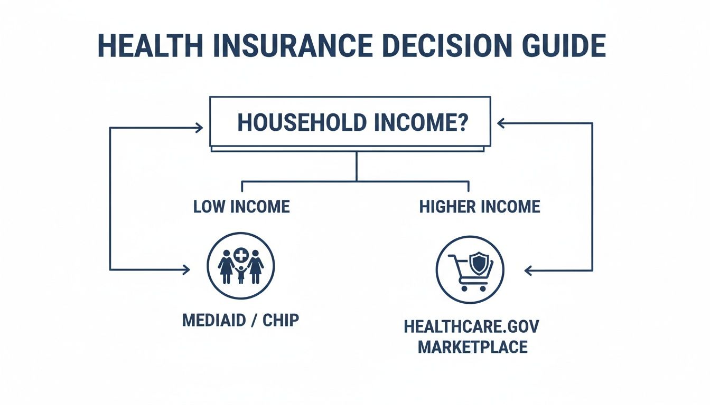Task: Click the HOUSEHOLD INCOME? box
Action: [350, 122]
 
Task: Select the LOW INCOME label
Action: [241, 206]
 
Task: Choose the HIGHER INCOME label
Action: [480, 206]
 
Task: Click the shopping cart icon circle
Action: [470, 269]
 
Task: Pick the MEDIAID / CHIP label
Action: [240, 320]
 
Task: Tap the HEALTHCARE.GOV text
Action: [472, 326]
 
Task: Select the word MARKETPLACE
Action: [472, 347]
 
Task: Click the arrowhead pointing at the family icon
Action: [186, 270]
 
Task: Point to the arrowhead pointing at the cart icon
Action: [528, 271]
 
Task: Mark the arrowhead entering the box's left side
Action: [200, 127]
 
